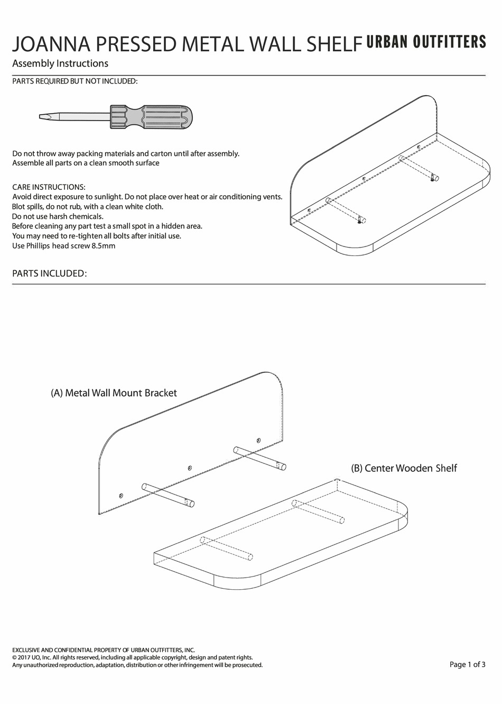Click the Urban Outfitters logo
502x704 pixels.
(426, 42)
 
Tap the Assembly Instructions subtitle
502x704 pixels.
(60, 63)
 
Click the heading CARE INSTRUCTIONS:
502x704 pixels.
(49, 187)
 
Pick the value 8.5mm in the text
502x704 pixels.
(104, 246)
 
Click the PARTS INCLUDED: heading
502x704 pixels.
(49, 273)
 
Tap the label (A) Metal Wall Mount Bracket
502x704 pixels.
(114, 393)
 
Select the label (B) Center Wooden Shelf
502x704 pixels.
(404, 468)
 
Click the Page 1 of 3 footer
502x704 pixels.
(467, 664)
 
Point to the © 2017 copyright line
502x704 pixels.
(132, 657)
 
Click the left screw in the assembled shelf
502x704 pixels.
(360, 221)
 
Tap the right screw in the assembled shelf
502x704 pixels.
(432, 178)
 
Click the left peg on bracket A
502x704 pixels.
(168, 495)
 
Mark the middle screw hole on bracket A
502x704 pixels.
(190, 468)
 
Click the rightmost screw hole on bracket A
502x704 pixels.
(258, 440)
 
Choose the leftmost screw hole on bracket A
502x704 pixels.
(121, 496)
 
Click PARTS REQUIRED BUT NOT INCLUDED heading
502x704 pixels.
(75, 81)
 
